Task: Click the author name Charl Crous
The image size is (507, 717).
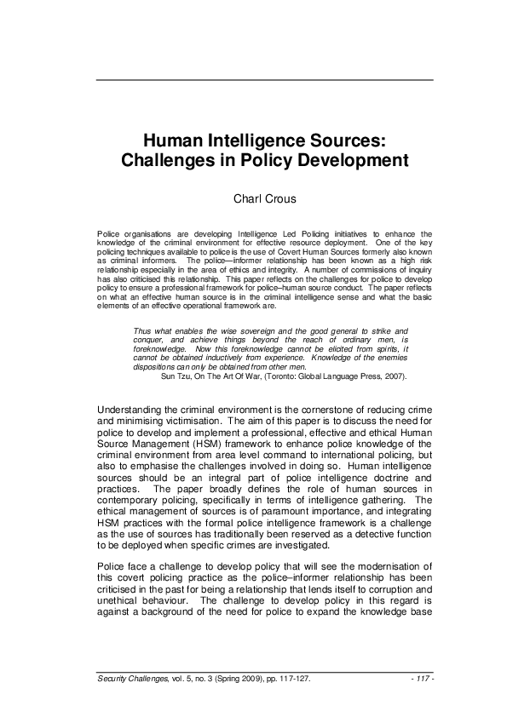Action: pyautogui.click(x=265, y=199)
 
